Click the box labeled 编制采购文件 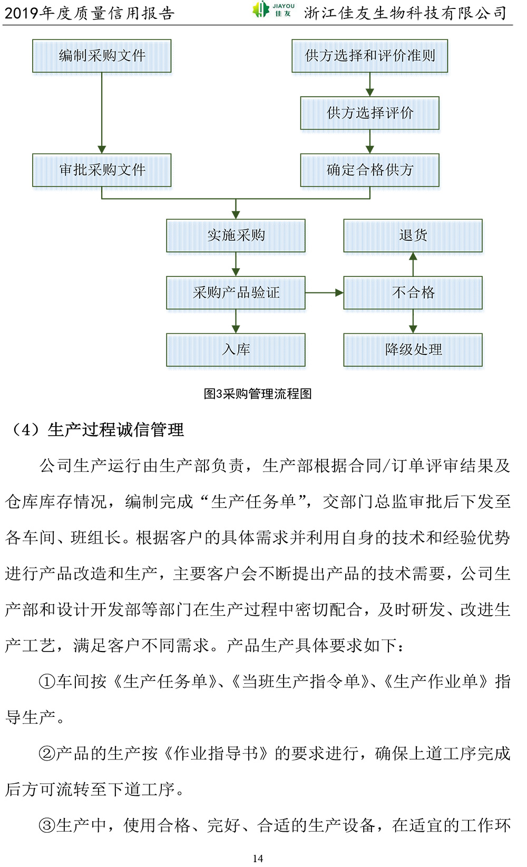coord(102,56)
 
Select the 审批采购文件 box coord(102,170)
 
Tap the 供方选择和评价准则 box coord(370,56)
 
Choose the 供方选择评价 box coord(370,113)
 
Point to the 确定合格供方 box coord(370,170)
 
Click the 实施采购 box coord(236,236)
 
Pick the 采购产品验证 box coord(236,293)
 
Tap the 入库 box coord(236,350)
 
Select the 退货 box coord(413,236)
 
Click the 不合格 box coord(413,293)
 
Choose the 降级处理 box coord(413,350)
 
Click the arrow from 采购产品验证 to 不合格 coord(325,293)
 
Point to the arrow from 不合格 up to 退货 coord(413,264)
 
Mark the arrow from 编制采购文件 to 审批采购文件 coord(102,113)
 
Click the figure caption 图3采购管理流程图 coord(258,393)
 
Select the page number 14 coord(258,858)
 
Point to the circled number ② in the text coord(46,754)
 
